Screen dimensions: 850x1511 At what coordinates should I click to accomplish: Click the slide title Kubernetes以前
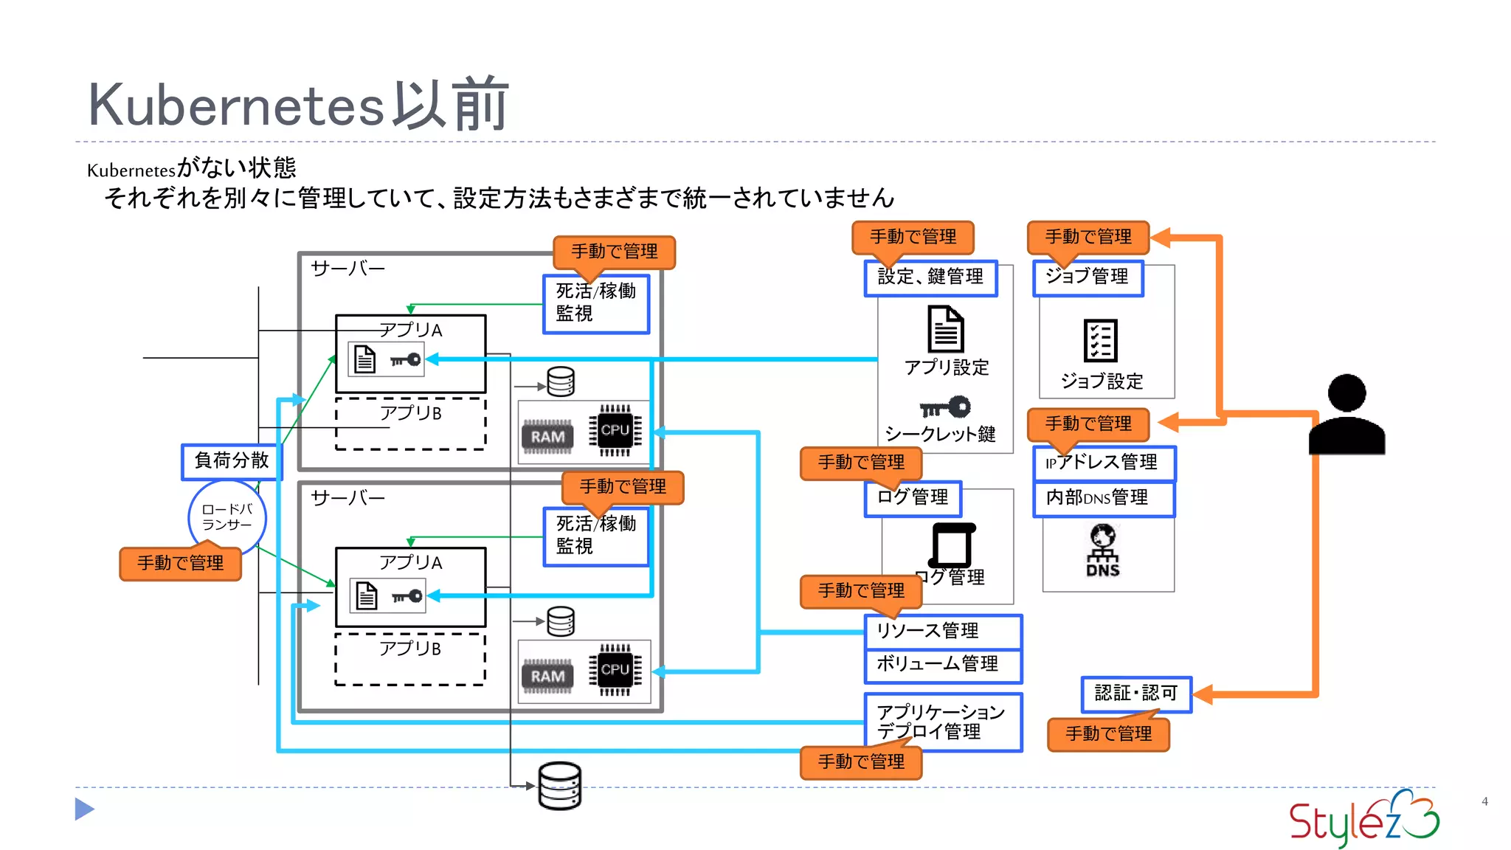click(298, 105)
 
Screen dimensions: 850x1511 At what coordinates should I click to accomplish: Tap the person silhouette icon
click(1346, 414)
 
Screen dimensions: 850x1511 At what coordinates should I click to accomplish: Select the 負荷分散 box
click(232, 461)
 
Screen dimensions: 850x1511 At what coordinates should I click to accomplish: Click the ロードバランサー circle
click(227, 516)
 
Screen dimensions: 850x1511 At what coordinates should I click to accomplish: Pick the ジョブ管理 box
click(1088, 278)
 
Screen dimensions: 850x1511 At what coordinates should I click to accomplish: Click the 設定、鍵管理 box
click(930, 278)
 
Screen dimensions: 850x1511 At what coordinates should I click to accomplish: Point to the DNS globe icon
click(1103, 550)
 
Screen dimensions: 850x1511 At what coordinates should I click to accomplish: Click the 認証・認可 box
click(1136, 694)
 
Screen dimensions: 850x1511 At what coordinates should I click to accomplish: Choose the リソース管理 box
click(943, 632)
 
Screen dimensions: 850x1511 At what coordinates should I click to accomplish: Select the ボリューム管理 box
click(943, 665)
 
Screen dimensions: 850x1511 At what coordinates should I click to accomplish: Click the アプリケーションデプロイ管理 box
click(943, 722)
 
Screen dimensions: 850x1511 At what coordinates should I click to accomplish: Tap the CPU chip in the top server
click(615, 430)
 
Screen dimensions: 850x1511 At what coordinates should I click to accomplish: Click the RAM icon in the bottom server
click(547, 676)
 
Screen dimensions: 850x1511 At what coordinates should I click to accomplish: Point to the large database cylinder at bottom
click(560, 786)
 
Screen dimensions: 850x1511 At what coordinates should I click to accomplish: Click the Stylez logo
click(1363, 819)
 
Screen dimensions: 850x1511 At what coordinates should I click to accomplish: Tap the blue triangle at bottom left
click(84, 809)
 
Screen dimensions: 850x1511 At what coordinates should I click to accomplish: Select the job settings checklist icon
click(1101, 341)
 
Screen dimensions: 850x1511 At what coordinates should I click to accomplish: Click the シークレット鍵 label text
click(940, 434)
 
